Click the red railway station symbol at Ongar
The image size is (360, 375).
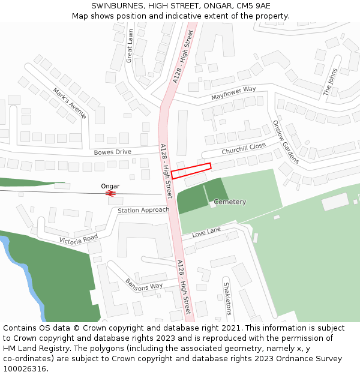click(x=110, y=193)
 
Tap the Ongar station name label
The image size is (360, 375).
click(x=110, y=186)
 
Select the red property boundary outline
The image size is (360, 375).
click(x=191, y=170)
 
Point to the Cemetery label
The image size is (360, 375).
click(x=230, y=202)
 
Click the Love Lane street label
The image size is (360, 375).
click(x=206, y=231)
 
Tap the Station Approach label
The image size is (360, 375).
click(x=143, y=210)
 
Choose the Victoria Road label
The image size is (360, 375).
click(x=78, y=239)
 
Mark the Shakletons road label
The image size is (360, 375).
click(x=227, y=298)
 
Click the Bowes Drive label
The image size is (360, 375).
click(x=112, y=152)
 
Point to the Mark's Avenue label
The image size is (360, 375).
click(x=70, y=103)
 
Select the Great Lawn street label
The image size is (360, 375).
click(x=130, y=46)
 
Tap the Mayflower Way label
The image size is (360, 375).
click(x=233, y=92)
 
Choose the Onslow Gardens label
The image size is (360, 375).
click(x=286, y=142)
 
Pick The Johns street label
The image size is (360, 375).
click(x=331, y=82)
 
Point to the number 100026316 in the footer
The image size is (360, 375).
click(x=25, y=368)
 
